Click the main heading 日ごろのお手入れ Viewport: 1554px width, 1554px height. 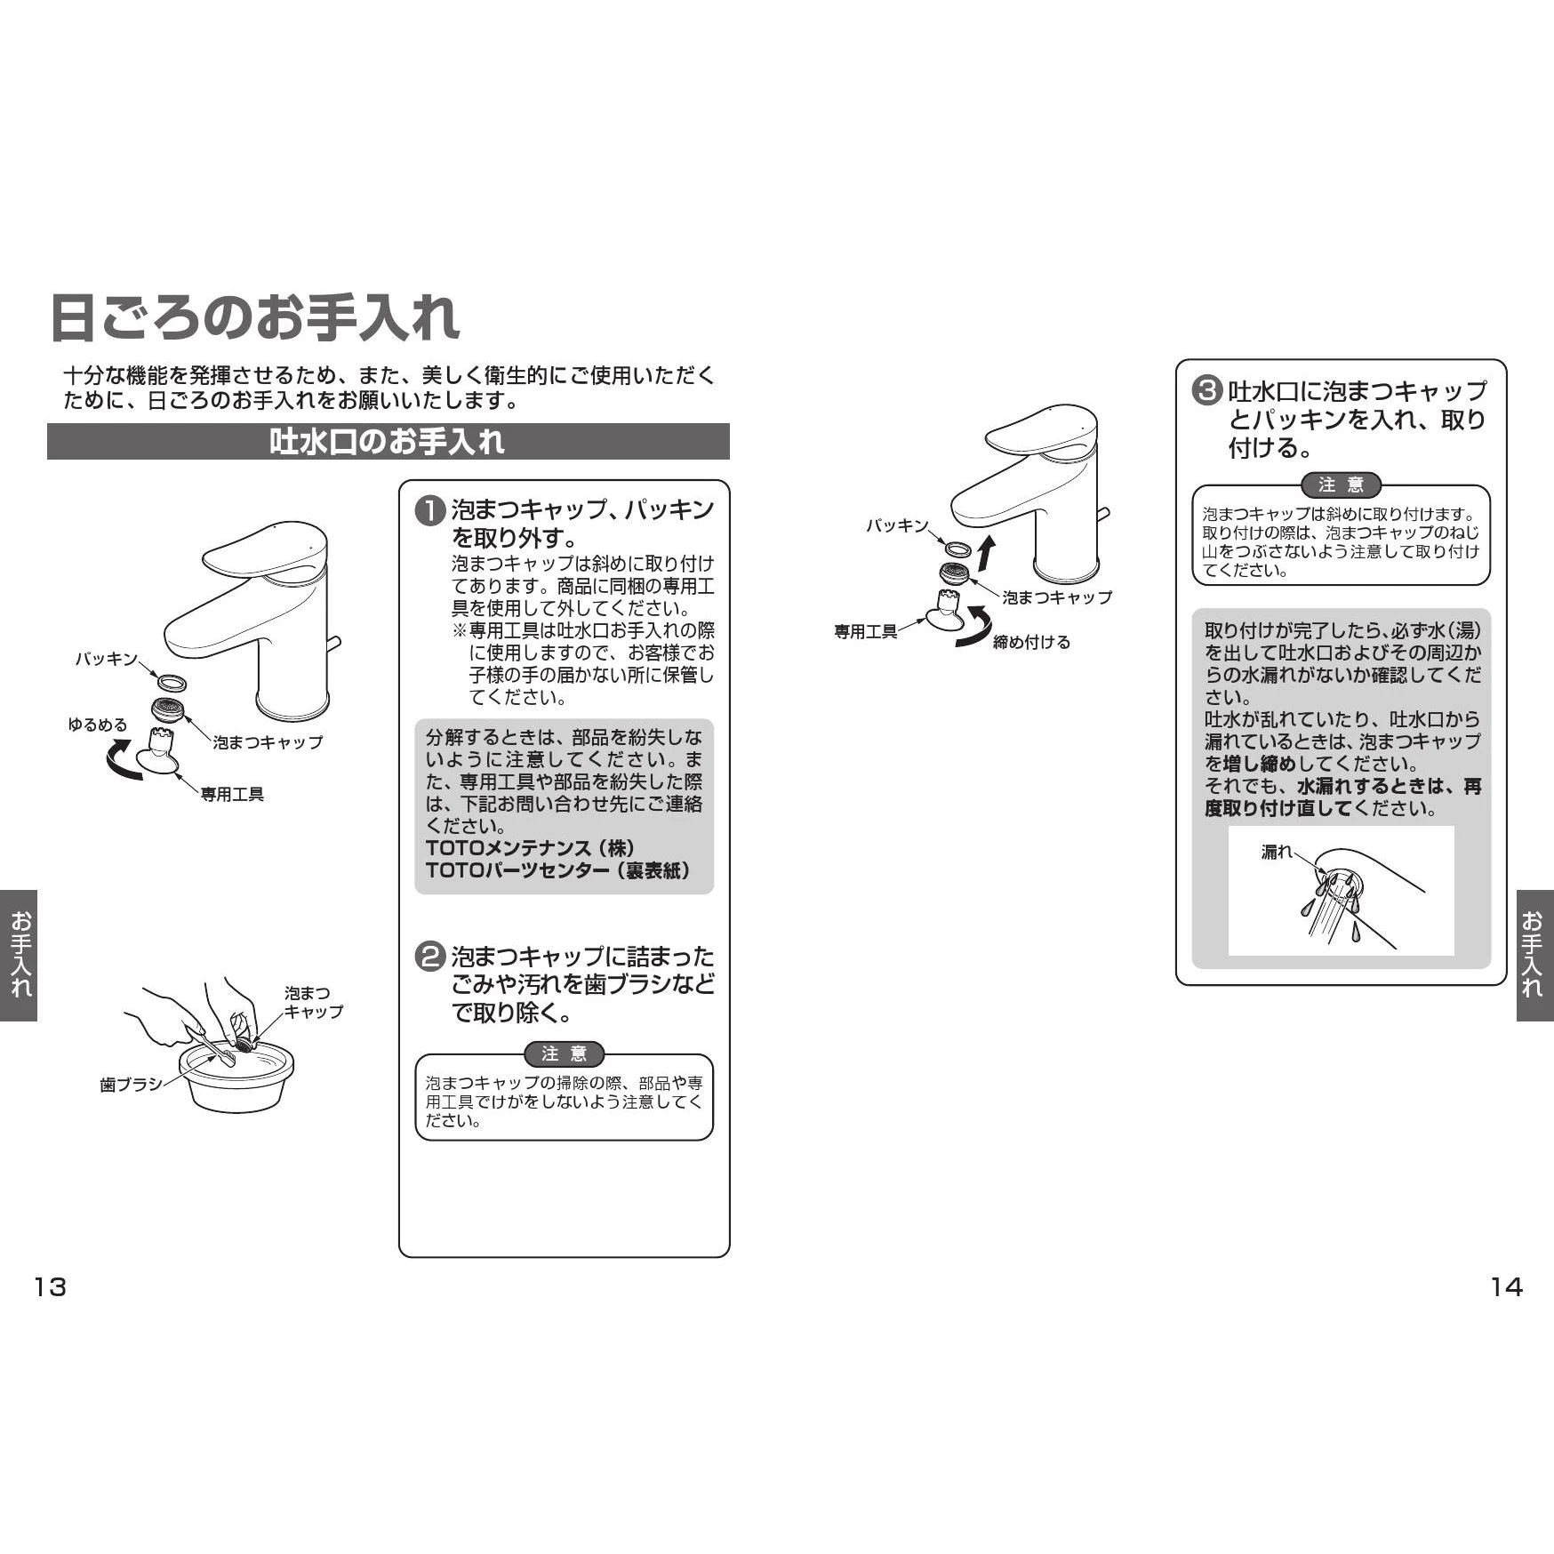tap(254, 317)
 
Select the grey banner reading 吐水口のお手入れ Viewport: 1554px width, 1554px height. tap(388, 441)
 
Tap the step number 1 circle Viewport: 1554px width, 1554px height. tap(431, 510)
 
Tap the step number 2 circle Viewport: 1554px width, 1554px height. tap(431, 957)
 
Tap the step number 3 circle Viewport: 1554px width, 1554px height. tap(1206, 391)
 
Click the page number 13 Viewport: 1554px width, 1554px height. tap(50, 1286)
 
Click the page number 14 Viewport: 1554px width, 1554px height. tap(1506, 1286)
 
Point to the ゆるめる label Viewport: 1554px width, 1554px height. tap(98, 725)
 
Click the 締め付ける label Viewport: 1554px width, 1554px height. tap(1031, 642)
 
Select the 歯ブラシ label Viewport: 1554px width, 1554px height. tap(131, 1085)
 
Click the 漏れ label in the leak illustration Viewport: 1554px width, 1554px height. tap(1277, 852)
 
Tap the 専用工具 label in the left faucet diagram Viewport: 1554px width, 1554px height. tap(232, 794)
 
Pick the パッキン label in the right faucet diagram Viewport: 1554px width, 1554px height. tap(897, 525)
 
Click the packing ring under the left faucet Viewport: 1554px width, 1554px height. tap(171, 683)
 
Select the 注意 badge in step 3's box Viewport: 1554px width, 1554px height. tap(1341, 485)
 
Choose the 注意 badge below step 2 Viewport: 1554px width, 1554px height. tap(565, 1054)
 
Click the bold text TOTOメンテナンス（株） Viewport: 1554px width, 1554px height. tap(531, 848)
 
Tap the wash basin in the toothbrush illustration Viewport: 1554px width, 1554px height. tap(236, 1078)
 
